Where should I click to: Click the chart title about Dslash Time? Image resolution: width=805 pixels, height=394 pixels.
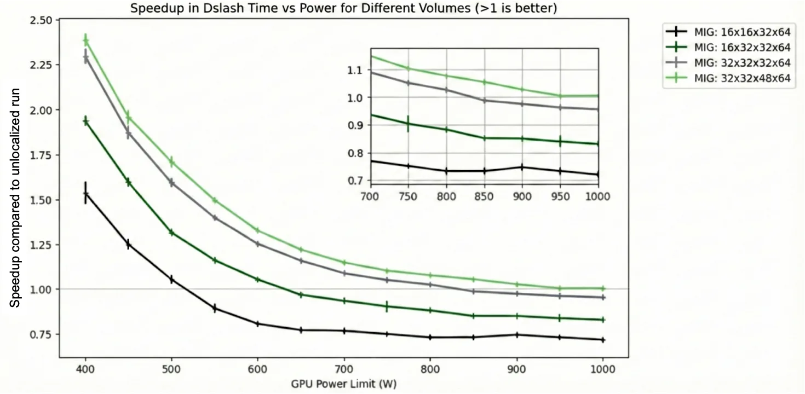click(x=344, y=8)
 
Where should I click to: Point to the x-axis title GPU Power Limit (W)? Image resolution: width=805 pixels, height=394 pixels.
click(x=343, y=384)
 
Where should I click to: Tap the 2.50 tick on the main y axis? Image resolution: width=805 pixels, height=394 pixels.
click(x=42, y=20)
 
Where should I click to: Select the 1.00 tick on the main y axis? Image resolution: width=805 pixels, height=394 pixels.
click(x=42, y=289)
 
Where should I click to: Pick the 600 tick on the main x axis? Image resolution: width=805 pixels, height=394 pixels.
click(x=257, y=368)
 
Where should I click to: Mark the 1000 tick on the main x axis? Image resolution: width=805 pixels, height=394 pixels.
click(x=602, y=368)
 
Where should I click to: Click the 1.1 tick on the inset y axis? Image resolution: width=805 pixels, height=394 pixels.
click(x=355, y=69)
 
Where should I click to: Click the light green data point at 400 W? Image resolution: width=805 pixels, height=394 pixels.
click(x=85, y=40)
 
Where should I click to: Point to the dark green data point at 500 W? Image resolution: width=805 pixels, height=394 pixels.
click(x=171, y=233)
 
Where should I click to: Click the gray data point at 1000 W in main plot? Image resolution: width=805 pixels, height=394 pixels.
click(x=602, y=297)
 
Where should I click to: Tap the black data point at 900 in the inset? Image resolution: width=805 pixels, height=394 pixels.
click(x=522, y=167)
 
